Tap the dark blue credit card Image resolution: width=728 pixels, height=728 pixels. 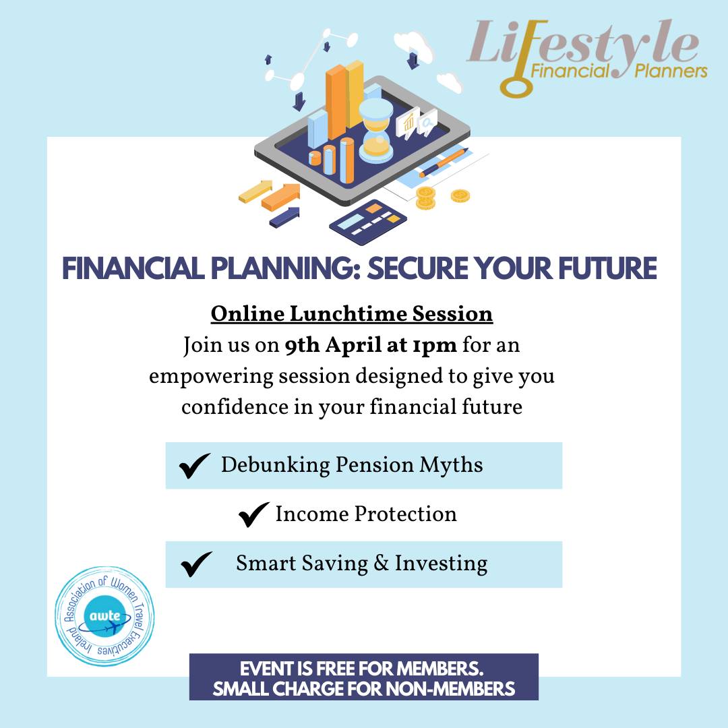click(x=368, y=222)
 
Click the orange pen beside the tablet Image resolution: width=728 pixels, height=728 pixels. click(x=444, y=162)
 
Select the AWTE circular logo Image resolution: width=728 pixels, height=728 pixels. click(x=105, y=616)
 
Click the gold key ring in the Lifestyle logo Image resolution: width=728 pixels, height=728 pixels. click(x=514, y=86)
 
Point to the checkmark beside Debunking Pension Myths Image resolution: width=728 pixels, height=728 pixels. click(x=195, y=465)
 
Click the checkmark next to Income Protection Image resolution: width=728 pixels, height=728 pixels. click(x=253, y=514)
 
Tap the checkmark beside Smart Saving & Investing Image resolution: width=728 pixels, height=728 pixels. click(x=196, y=564)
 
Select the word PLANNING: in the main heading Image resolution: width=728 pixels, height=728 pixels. click(x=286, y=268)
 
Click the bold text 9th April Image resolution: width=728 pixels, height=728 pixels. click(x=333, y=345)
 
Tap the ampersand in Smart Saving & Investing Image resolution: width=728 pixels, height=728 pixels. click(x=381, y=563)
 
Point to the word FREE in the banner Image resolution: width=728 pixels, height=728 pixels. click(x=336, y=669)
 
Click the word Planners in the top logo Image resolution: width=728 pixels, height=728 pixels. click(x=671, y=71)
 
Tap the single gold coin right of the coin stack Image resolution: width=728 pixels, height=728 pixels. click(x=460, y=196)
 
